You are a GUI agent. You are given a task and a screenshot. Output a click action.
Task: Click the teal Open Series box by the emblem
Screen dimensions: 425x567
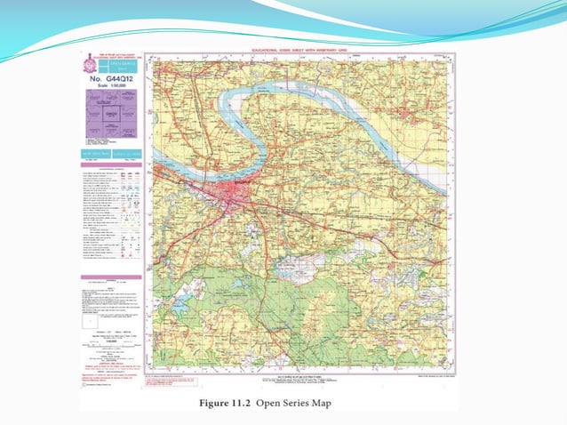[119, 65]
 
